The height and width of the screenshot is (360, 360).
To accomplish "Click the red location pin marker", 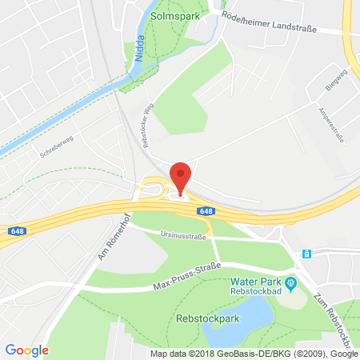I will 182,175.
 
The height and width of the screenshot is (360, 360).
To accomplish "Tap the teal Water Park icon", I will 292,282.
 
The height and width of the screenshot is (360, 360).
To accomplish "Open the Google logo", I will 27,350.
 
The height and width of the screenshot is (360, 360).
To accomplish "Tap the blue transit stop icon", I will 306,254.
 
